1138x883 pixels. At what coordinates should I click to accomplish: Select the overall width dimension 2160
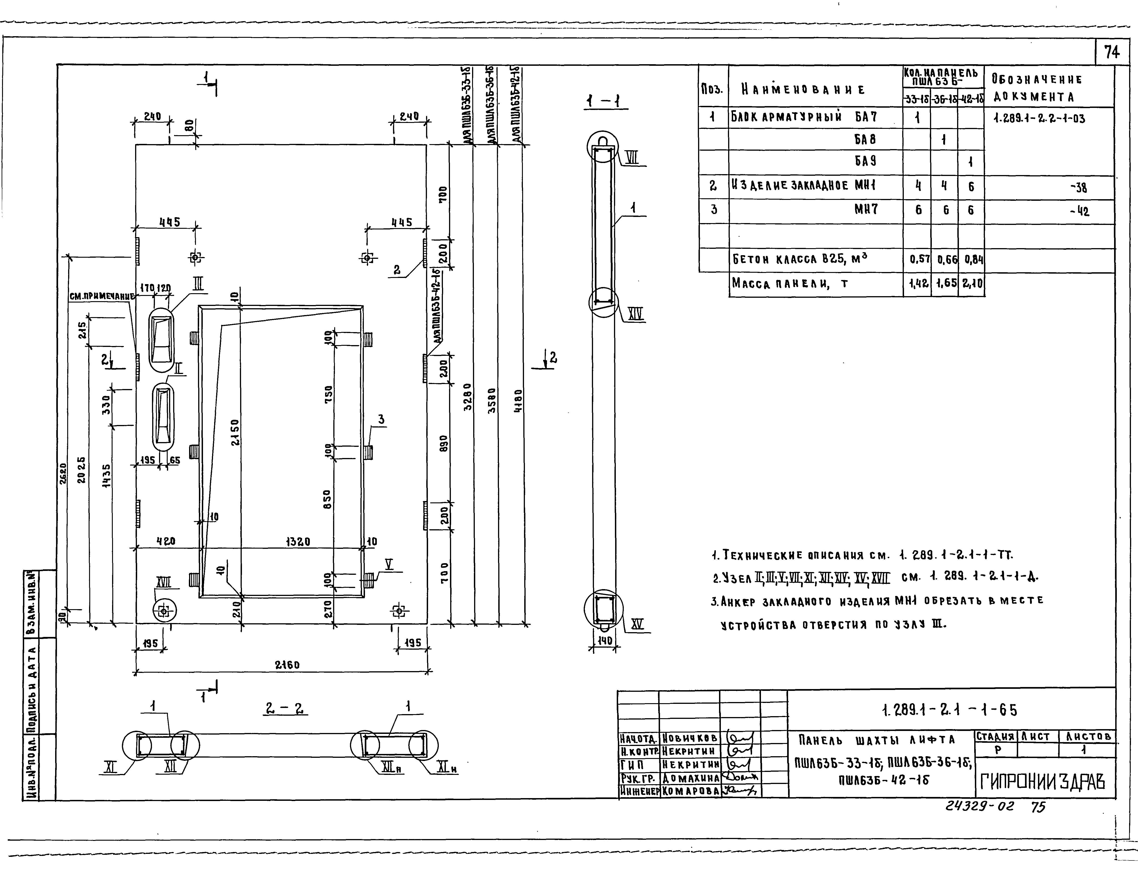pos(287,665)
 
